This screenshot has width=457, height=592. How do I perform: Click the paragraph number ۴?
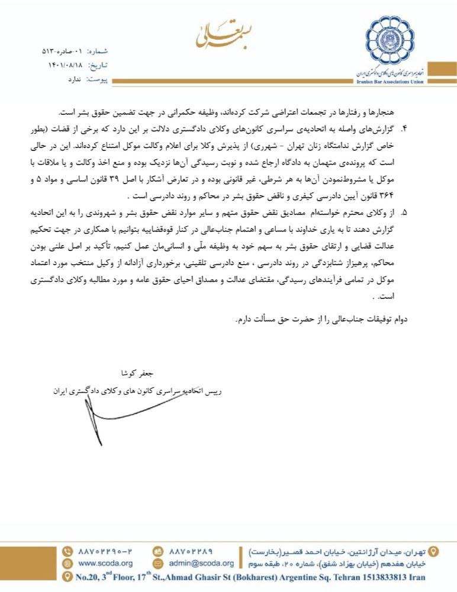[x=405, y=127]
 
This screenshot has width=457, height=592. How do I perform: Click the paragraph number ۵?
[x=405, y=211]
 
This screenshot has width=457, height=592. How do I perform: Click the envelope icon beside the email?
[x=158, y=563]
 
